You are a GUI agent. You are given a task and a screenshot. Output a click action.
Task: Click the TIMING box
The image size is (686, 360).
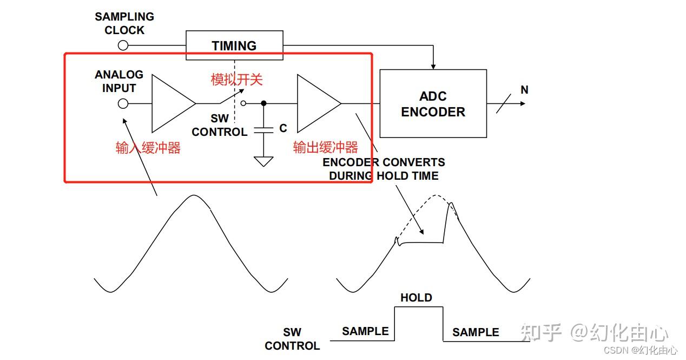point(234,45)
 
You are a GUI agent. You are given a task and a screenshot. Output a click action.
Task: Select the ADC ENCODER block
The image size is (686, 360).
point(433,104)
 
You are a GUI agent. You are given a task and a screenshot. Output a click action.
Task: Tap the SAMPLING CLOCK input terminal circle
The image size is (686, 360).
point(123,45)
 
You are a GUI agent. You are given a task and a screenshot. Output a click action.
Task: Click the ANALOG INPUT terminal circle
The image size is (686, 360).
point(123,103)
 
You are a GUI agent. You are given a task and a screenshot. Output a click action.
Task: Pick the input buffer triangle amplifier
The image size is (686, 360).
point(170,103)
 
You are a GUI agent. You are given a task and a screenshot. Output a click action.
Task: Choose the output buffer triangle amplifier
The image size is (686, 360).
point(316,103)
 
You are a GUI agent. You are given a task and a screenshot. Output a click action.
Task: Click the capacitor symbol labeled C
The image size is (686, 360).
point(263,130)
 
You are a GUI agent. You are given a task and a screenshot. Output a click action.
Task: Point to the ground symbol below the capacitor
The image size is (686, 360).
point(263,161)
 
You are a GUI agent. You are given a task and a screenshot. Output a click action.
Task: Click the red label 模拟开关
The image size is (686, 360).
point(236,80)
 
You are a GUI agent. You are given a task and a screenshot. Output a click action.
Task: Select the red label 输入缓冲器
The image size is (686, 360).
point(148,148)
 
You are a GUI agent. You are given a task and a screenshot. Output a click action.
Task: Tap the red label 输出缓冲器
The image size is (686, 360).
point(325,147)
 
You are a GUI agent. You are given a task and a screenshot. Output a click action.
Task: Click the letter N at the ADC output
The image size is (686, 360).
point(524,90)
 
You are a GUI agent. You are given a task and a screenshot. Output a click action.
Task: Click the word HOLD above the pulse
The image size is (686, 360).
point(416,298)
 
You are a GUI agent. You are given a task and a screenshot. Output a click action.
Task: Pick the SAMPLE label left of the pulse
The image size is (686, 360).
point(365,331)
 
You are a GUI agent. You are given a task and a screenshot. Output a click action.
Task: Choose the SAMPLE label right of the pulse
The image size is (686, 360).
point(476,332)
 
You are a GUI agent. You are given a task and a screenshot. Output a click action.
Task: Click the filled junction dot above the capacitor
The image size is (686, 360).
point(263,103)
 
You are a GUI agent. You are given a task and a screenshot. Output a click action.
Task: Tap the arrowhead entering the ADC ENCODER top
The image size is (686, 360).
point(433,66)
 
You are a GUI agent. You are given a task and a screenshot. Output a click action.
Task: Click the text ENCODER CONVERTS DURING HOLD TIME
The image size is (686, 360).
point(384,169)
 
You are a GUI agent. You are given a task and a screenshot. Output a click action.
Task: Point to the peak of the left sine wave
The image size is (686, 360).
point(192,195)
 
